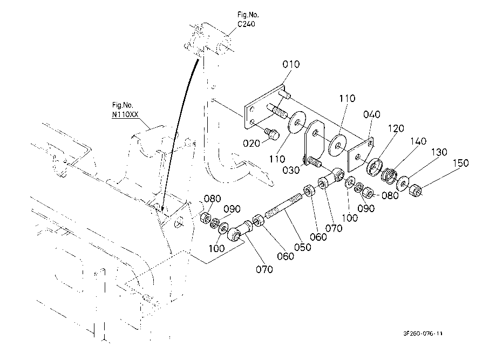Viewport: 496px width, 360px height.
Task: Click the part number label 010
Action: pos(291,64)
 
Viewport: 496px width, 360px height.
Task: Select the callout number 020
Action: pos(251,144)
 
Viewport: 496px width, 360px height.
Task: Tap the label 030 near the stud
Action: pos(291,170)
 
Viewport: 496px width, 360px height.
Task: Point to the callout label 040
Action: pos(372,114)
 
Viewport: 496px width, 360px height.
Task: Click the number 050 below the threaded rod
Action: pos(302,247)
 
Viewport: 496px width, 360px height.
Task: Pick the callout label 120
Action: pos(396,128)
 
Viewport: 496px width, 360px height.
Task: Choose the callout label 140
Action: pos(418,141)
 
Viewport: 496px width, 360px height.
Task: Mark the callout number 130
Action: pos(439,152)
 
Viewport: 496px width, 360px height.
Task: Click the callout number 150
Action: pos(460,163)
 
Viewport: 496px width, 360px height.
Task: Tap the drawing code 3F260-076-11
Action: pos(423,333)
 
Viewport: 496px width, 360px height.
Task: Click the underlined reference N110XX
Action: pos(125,114)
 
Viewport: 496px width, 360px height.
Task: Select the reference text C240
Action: pos(246,24)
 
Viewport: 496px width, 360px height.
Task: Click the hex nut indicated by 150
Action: pos(416,191)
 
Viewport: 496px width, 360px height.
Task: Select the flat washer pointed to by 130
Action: pos(403,183)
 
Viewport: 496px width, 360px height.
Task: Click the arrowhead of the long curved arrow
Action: pos(162,209)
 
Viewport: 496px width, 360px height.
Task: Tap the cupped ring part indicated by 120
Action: pos(375,166)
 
